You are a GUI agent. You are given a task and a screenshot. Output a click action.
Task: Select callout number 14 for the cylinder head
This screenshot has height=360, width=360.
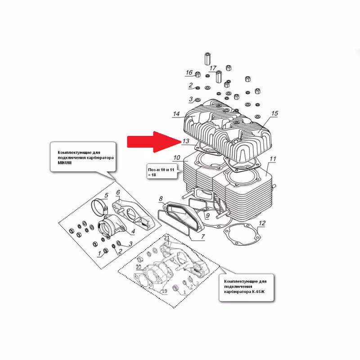coord(177,114)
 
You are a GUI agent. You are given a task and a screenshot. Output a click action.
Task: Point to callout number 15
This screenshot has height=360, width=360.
coord(275,113)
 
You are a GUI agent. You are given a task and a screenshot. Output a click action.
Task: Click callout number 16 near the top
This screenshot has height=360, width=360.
coord(189,73)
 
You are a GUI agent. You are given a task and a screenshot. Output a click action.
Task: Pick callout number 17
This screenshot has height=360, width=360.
coord(213,68)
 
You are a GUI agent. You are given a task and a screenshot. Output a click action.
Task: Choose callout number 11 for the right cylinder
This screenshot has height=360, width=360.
coord(273,159)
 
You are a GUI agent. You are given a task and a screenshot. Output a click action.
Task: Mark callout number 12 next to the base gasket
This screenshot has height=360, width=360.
coord(263,223)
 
